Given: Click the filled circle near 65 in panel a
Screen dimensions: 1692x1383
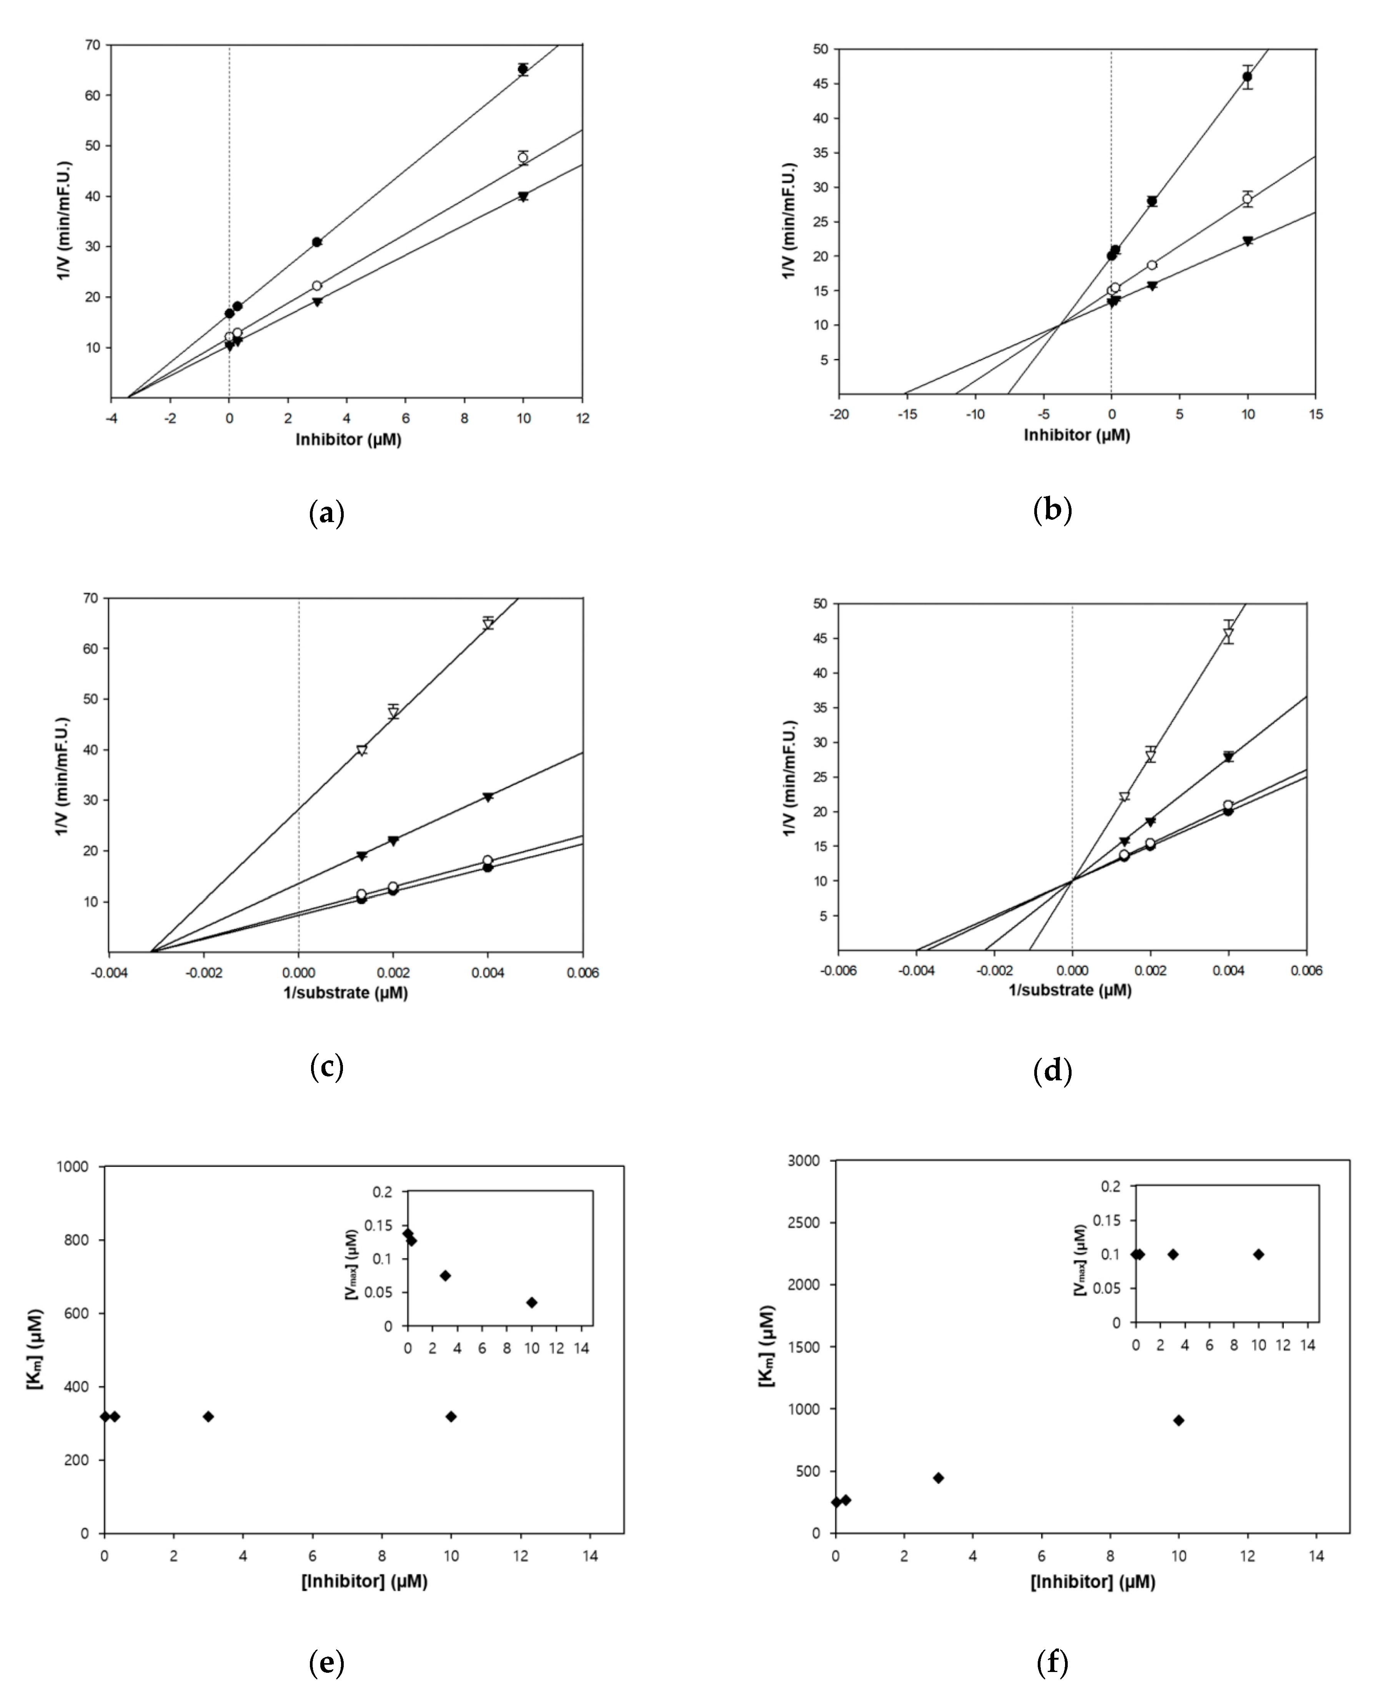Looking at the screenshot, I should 523,69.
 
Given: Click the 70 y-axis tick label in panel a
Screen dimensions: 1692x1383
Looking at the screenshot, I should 92,45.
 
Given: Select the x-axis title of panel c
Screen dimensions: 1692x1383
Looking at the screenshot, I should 346,993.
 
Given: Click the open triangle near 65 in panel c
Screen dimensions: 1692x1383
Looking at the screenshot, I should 488,623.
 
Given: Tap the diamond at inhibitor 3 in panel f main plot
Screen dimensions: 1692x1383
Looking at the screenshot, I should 939,1478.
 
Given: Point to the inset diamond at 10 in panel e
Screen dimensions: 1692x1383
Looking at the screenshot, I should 531,1302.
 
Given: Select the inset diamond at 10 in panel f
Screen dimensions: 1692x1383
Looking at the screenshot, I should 1259,1255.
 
